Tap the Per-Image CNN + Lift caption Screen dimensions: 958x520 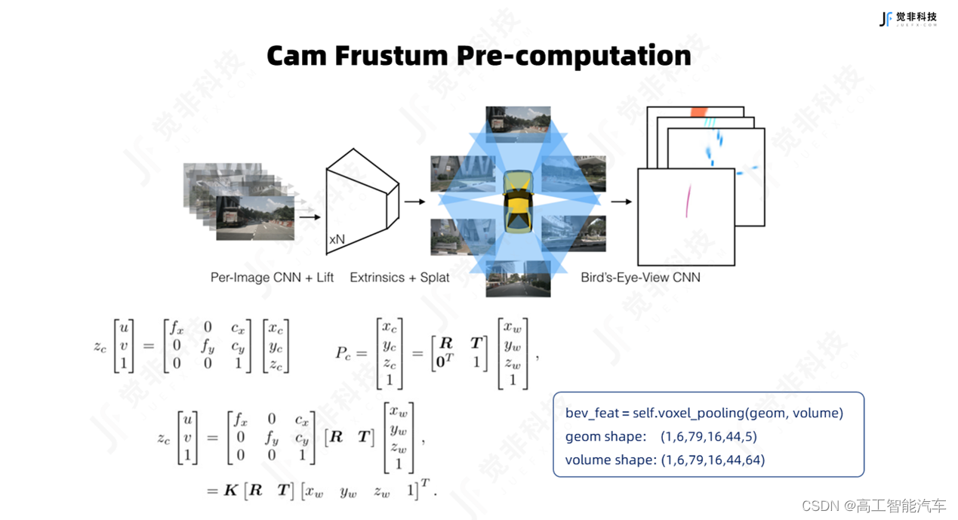click(x=272, y=278)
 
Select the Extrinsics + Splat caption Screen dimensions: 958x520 click(x=399, y=278)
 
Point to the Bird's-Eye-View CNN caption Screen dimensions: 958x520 click(x=640, y=278)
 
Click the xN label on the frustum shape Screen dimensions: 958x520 click(x=337, y=239)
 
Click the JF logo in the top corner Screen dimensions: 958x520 click(x=886, y=19)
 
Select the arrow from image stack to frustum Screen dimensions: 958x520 click(x=309, y=217)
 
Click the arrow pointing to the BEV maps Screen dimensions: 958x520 click(x=621, y=202)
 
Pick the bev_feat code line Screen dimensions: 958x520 click(x=704, y=413)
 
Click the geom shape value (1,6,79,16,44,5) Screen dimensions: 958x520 click(x=708, y=436)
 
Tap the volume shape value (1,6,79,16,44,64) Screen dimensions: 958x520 click(x=712, y=460)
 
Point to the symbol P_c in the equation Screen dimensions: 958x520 click(x=345, y=352)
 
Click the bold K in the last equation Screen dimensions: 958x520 click(x=230, y=491)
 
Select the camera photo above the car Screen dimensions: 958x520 click(x=517, y=124)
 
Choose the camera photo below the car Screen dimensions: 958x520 click(x=517, y=278)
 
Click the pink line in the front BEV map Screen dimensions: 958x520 click(x=688, y=200)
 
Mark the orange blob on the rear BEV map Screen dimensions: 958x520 click(x=697, y=112)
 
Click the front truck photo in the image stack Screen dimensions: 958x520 click(x=245, y=217)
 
